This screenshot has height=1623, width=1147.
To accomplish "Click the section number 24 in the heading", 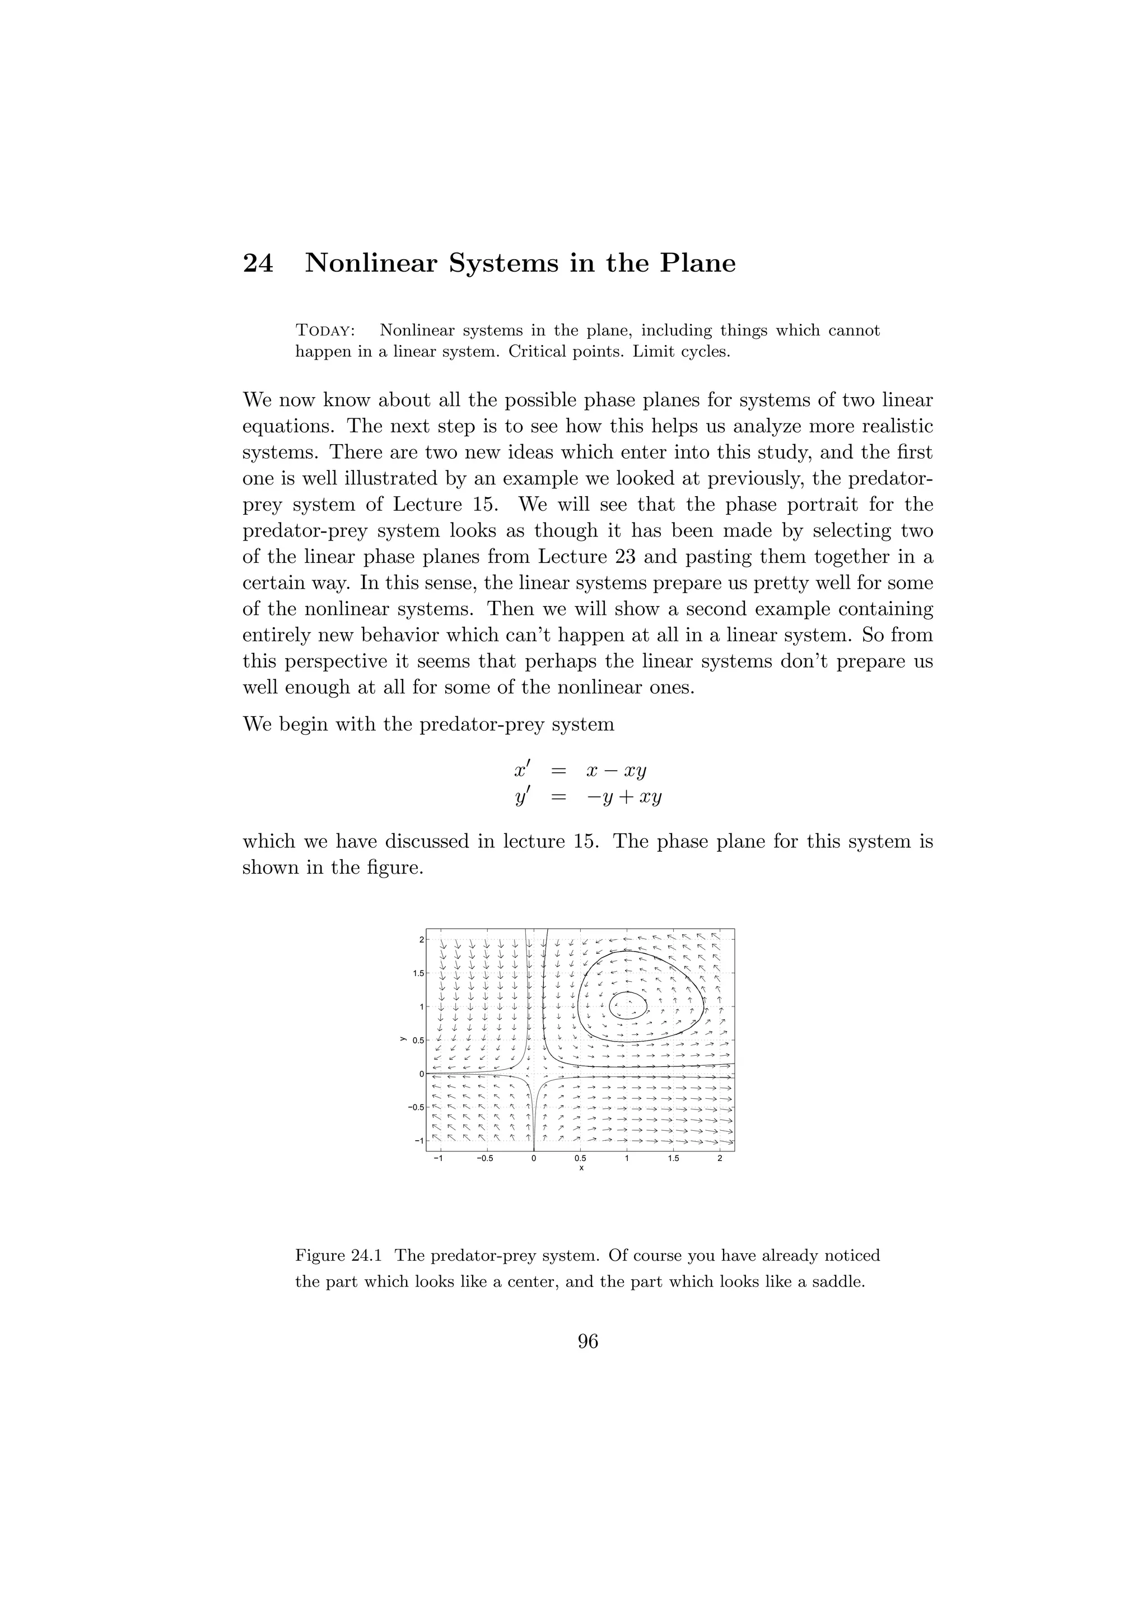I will (258, 264).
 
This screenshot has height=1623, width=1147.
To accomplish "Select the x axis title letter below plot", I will (581, 1168).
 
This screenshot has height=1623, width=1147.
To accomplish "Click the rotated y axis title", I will (402, 1039).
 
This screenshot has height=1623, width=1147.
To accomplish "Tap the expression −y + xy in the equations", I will (623, 797).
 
